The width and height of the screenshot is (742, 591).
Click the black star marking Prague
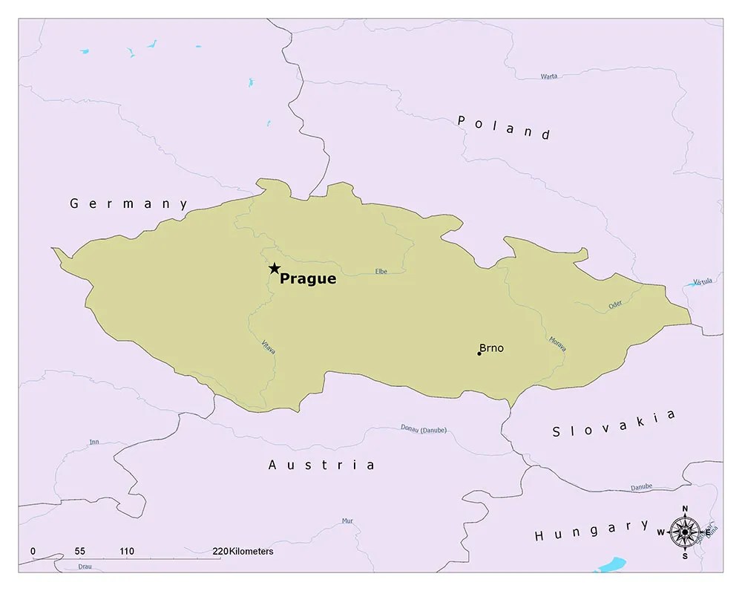275,268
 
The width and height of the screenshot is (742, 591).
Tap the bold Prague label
308,279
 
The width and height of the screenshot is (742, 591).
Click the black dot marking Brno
479,353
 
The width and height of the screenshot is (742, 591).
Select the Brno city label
491,347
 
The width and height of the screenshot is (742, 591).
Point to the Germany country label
129,203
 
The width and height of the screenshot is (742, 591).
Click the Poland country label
504,127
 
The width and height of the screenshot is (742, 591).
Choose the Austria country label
321,465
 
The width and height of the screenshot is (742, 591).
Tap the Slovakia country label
614,423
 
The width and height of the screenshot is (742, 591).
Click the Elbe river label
381,272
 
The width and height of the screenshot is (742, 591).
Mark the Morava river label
557,343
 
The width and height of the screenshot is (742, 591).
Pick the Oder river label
615,304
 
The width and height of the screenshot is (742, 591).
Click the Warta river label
549,76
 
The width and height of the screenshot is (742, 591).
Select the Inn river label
94,442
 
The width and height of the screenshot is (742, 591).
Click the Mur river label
347,520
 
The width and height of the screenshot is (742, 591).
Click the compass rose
684,532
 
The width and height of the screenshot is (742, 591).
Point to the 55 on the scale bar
80,552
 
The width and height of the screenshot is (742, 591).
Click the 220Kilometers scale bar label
243,552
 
